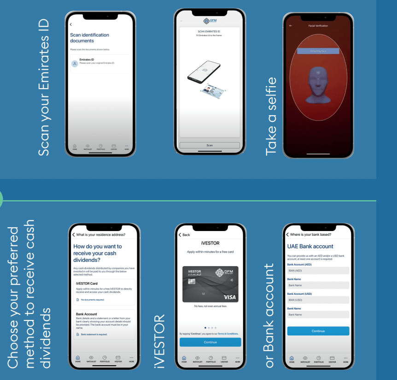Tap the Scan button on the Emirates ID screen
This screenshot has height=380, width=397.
[x=210, y=145]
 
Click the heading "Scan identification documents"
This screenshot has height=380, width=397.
[x=89, y=38]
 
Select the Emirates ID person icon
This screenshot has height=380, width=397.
[x=74, y=64]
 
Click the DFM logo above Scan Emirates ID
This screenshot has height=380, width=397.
[x=210, y=21]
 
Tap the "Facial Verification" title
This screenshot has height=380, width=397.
[x=318, y=26]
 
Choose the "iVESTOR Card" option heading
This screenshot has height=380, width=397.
[x=87, y=283]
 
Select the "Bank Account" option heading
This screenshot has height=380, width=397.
[x=87, y=314]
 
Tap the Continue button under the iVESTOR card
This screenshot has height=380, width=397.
[x=210, y=342]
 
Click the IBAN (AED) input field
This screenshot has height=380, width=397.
[x=318, y=271]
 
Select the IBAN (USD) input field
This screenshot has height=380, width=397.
[x=318, y=300]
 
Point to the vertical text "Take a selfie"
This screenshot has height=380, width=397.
[x=272, y=115]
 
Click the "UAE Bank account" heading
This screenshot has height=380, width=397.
[x=310, y=247]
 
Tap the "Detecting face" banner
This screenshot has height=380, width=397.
[x=318, y=51]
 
